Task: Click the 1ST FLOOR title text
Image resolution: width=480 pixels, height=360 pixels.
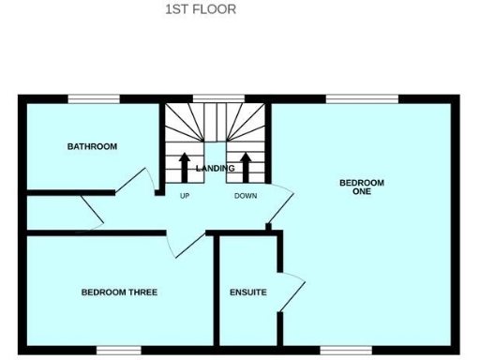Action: (200, 9)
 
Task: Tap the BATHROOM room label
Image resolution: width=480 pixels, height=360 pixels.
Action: (92, 146)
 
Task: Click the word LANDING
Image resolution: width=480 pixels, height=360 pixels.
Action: (215, 169)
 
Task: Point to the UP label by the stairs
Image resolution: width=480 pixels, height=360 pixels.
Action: (185, 196)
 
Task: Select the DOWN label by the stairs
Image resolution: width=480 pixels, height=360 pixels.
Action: (246, 196)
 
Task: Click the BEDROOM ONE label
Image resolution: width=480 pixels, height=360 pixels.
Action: (362, 187)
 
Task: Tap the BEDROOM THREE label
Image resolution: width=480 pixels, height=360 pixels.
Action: (119, 292)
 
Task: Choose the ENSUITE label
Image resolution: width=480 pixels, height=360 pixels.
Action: (247, 292)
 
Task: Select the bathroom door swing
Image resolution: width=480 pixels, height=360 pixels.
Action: (141, 181)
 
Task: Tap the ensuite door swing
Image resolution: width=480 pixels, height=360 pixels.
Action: (292, 292)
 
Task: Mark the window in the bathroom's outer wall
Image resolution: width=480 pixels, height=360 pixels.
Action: (92, 98)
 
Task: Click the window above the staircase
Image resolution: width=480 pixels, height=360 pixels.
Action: (218, 98)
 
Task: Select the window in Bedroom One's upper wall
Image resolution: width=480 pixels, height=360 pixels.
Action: (361, 98)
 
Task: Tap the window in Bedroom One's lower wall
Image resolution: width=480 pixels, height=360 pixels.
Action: (345, 350)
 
